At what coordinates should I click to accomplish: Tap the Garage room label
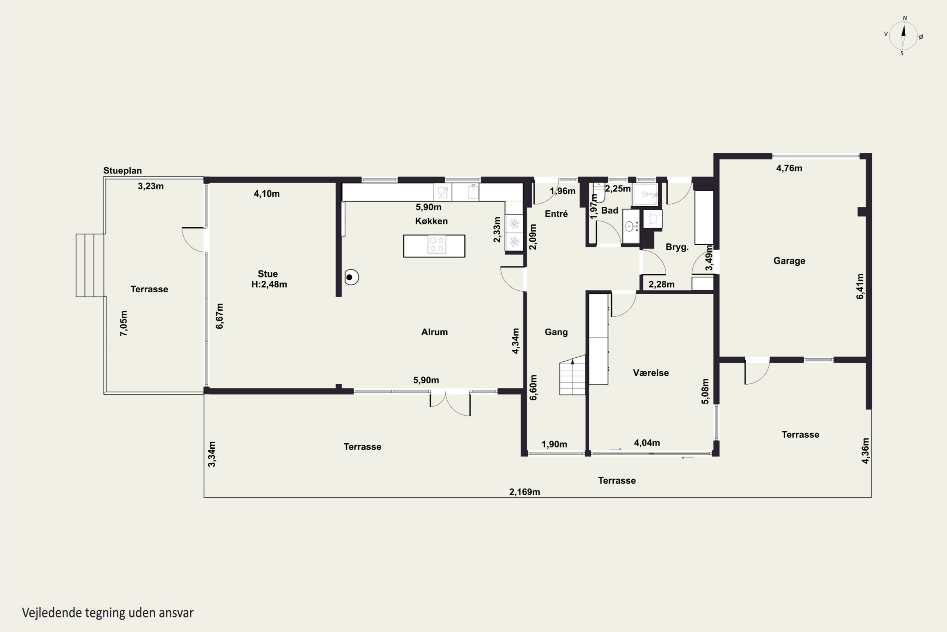point(789,261)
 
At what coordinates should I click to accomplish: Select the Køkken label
point(431,221)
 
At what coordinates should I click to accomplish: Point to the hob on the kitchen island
point(437,245)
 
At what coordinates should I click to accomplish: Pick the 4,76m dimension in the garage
point(789,168)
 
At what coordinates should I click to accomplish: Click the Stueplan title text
point(122,171)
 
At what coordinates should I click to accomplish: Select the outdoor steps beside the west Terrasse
point(90,265)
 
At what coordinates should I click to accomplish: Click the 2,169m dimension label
point(525,492)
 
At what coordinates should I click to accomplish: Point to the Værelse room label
point(651,373)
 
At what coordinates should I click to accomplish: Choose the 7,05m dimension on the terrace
point(124,323)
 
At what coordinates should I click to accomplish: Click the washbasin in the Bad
point(630,227)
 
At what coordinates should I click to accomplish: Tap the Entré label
point(556,214)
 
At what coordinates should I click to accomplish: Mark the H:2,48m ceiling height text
point(269,284)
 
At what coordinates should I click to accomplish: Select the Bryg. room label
point(677,247)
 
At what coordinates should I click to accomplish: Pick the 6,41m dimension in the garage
point(860,287)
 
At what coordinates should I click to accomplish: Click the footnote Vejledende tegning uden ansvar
point(108,613)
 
